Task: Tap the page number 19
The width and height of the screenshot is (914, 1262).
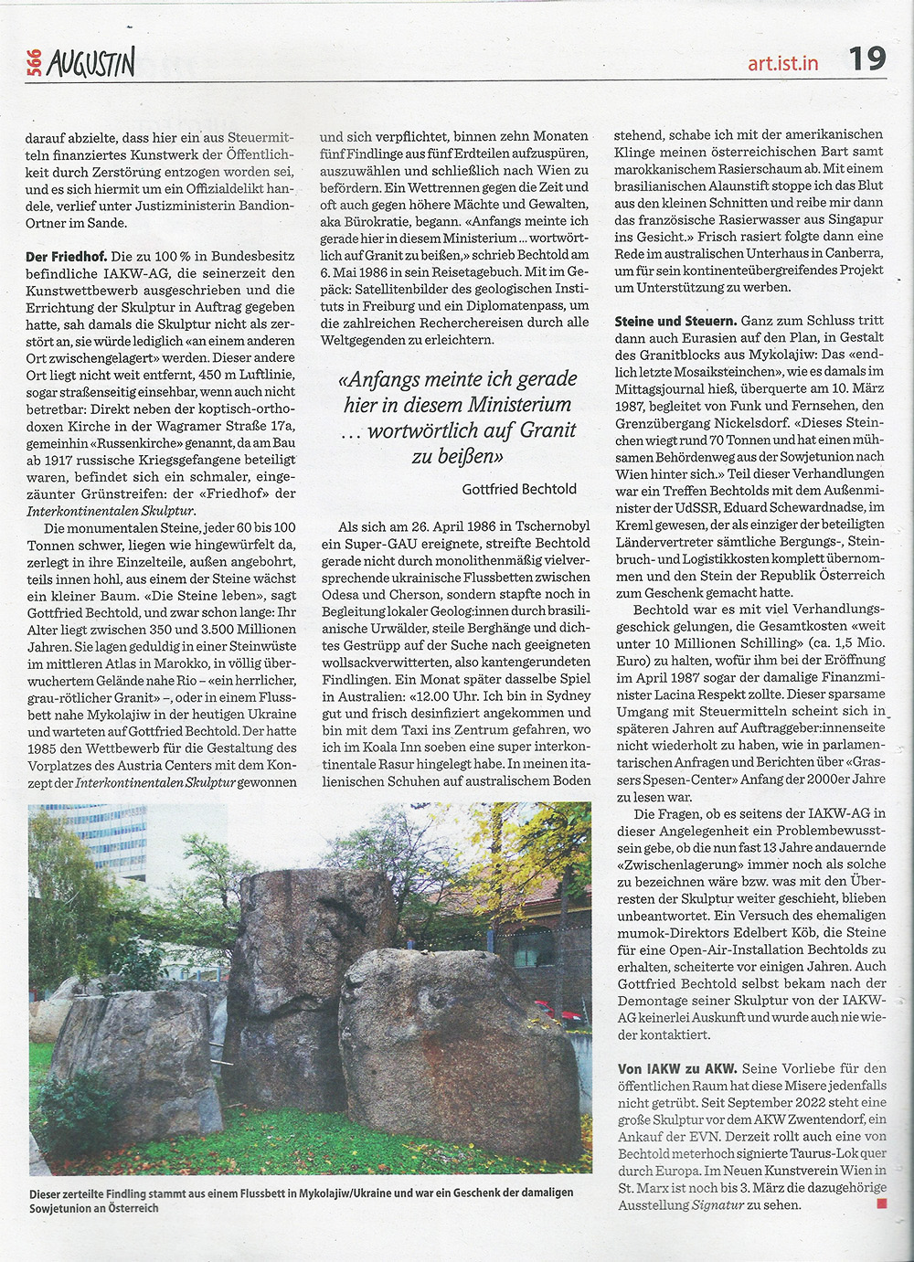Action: [x=866, y=59]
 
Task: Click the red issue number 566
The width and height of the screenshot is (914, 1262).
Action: [x=35, y=63]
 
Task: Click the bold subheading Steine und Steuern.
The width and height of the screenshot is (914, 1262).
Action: [x=675, y=322]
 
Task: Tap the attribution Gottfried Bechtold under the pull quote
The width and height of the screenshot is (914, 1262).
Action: [x=519, y=489]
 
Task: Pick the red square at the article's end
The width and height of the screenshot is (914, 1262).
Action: [x=881, y=1204]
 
